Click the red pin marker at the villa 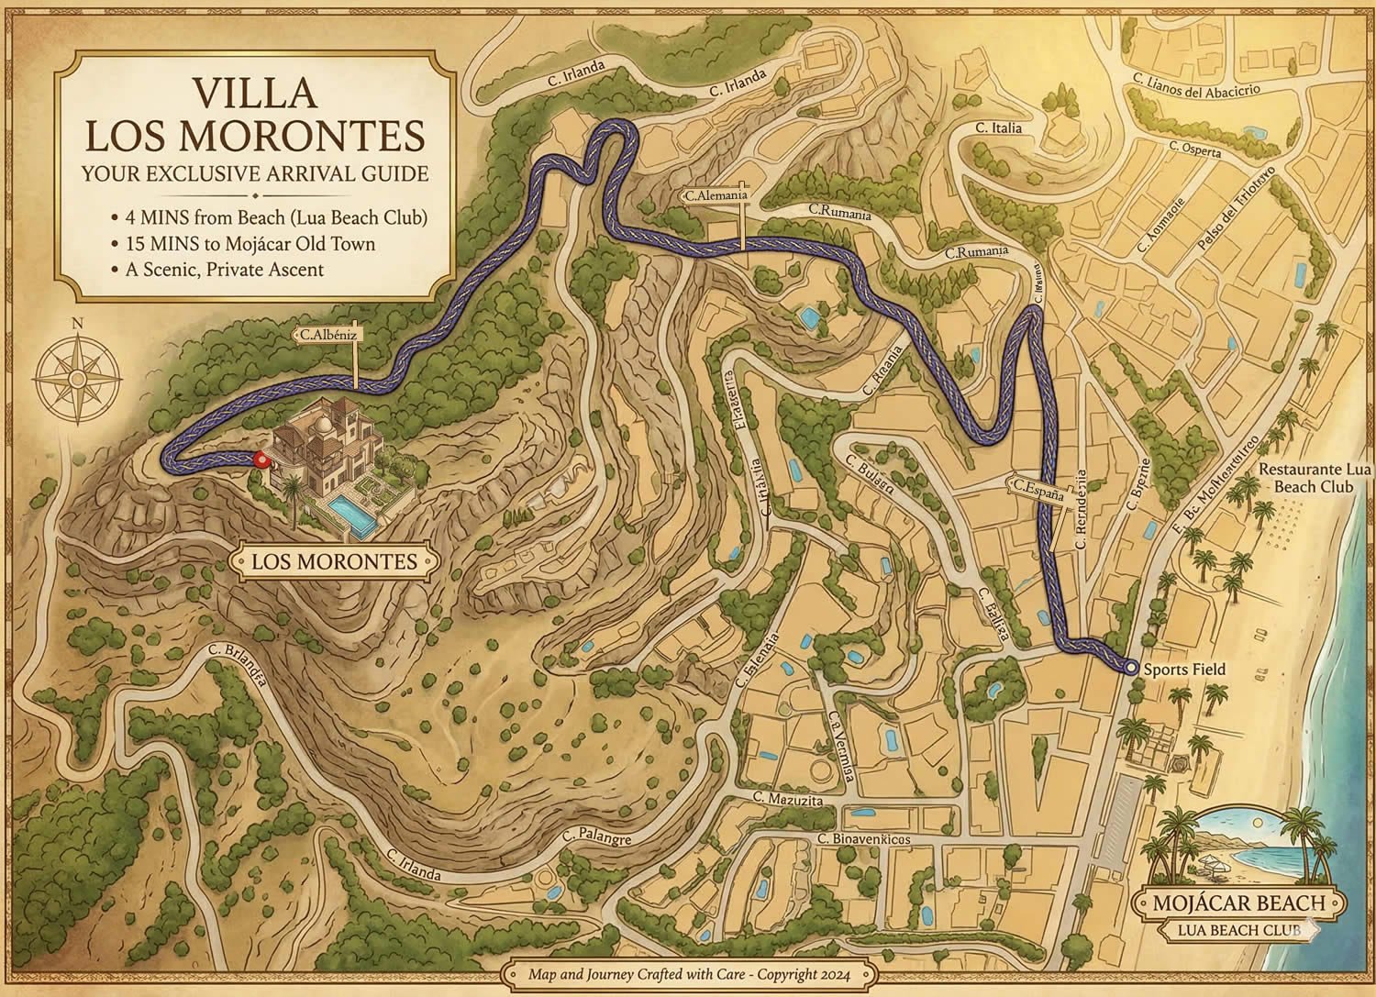click(260, 460)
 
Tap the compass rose click(80, 377)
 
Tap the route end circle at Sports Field click(1130, 670)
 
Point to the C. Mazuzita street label click(785, 801)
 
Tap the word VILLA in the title click(255, 94)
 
